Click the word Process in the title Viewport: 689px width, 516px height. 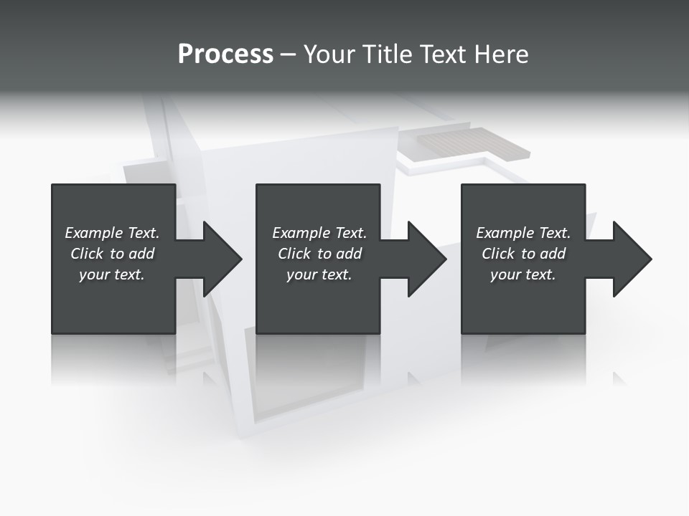(225, 54)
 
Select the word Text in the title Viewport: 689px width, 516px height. (443, 54)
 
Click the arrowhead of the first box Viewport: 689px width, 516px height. (220, 259)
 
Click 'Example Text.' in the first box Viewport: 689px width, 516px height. (112, 233)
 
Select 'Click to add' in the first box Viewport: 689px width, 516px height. (112, 254)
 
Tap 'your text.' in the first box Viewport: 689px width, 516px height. (112, 274)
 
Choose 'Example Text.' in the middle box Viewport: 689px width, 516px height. (319, 233)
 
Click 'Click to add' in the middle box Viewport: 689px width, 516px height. (319, 254)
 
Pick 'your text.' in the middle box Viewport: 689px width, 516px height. (319, 274)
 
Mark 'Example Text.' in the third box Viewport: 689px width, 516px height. (523, 233)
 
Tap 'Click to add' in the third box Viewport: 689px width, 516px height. (523, 254)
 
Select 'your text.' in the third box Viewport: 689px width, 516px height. (523, 274)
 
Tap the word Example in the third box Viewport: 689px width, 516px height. (505, 233)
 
